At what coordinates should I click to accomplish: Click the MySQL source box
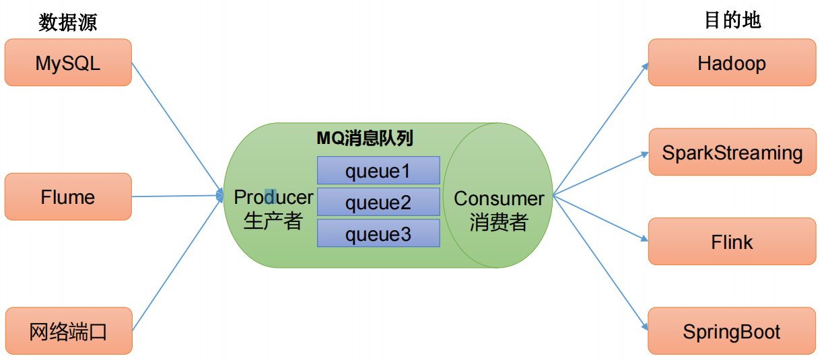tap(68, 63)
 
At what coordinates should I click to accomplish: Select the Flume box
tap(68, 196)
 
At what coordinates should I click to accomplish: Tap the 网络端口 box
tap(68, 330)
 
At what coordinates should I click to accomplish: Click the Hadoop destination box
tap(732, 63)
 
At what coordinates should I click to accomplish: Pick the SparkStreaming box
tap(732, 152)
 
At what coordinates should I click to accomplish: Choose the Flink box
tap(732, 242)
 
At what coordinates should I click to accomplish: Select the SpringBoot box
tap(732, 331)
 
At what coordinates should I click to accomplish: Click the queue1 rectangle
tap(378, 171)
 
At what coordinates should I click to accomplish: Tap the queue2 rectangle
tap(378, 202)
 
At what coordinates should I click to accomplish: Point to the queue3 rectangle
tap(378, 233)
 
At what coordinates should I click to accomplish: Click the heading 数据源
tap(67, 22)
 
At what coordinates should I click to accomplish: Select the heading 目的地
tap(732, 20)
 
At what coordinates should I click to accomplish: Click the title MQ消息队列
tap(365, 139)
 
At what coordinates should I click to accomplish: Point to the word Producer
tap(273, 197)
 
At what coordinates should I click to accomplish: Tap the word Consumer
tap(499, 199)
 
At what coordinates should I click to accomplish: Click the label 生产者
tap(273, 221)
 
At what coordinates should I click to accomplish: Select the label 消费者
tap(499, 222)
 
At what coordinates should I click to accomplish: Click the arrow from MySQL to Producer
tap(176, 128)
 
